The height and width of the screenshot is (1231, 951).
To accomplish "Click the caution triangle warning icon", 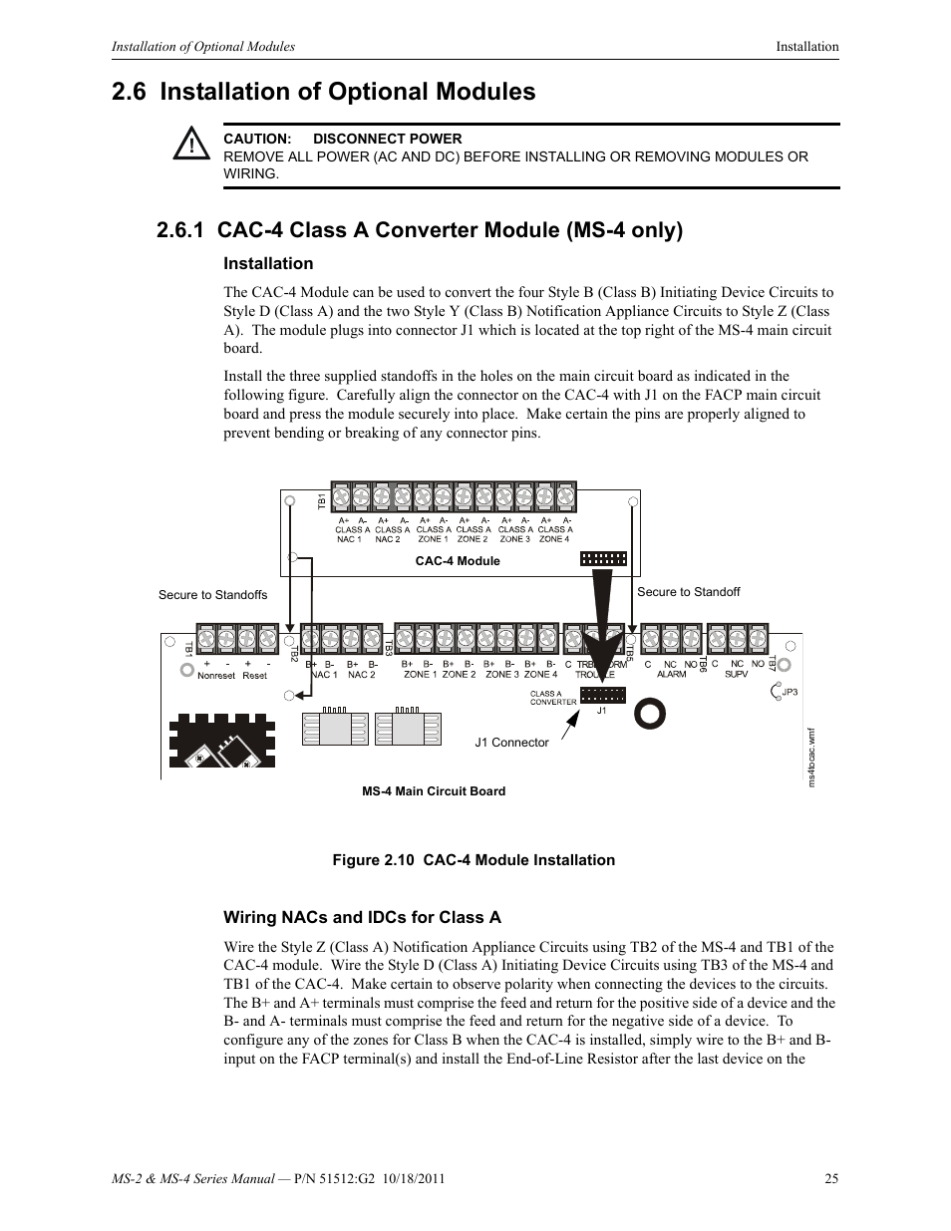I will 189,146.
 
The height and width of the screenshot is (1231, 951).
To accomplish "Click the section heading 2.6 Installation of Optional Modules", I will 324,92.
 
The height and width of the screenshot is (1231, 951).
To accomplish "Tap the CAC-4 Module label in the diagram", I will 458,561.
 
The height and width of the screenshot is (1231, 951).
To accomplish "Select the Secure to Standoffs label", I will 212,595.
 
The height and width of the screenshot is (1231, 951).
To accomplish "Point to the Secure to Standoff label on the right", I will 688,592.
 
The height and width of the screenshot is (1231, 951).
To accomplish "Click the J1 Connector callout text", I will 511,743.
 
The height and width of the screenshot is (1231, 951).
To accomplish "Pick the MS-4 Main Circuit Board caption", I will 433,791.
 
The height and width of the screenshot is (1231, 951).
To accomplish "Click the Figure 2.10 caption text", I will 473,860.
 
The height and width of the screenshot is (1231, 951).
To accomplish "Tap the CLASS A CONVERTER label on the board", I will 552,698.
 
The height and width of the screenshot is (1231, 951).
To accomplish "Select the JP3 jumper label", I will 790,692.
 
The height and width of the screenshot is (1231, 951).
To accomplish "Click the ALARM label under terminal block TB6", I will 671,675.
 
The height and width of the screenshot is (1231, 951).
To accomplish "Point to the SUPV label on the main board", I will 736,675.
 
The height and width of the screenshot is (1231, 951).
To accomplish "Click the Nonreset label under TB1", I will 216,676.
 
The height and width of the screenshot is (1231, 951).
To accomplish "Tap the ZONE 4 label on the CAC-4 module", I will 554,539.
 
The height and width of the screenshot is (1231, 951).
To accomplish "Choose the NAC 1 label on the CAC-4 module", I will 350,539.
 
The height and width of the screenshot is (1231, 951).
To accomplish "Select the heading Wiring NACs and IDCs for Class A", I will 362,917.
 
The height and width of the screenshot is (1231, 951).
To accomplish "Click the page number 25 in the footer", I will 831,1179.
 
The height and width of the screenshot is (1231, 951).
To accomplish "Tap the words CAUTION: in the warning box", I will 256,140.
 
